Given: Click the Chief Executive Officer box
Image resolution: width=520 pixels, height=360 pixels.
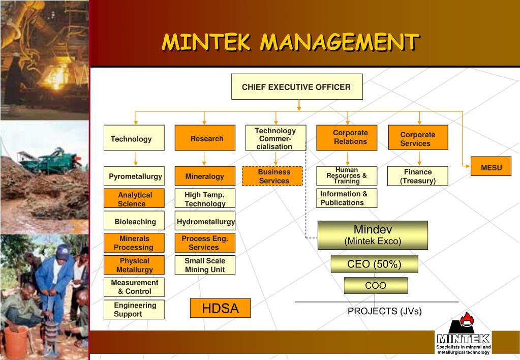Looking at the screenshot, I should (297, 87).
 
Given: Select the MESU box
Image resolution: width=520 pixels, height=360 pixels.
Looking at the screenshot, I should (491, 167).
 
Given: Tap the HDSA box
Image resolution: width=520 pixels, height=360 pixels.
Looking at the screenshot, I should (220, 308).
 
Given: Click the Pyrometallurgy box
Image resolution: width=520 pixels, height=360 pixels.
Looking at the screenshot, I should (134, 176).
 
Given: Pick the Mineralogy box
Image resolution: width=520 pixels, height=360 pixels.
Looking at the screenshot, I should (205, 176).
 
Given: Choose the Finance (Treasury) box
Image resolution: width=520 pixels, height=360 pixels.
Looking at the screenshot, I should (418, 176).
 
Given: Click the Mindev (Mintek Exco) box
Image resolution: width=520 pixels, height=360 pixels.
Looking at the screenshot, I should (373, 235).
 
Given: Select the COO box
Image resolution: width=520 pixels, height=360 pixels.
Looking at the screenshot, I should (376, 286).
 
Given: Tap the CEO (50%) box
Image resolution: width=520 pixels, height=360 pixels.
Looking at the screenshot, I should (374, 264).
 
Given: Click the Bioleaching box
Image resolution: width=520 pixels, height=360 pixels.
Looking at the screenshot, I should (134, 221).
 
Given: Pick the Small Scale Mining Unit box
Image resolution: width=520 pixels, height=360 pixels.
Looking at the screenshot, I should (205, 265).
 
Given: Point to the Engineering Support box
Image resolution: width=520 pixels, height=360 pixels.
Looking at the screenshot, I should (134, 310).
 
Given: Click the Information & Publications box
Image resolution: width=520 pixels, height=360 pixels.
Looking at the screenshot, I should (347, 198).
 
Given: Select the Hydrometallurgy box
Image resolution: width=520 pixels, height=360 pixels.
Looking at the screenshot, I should (205, 221).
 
